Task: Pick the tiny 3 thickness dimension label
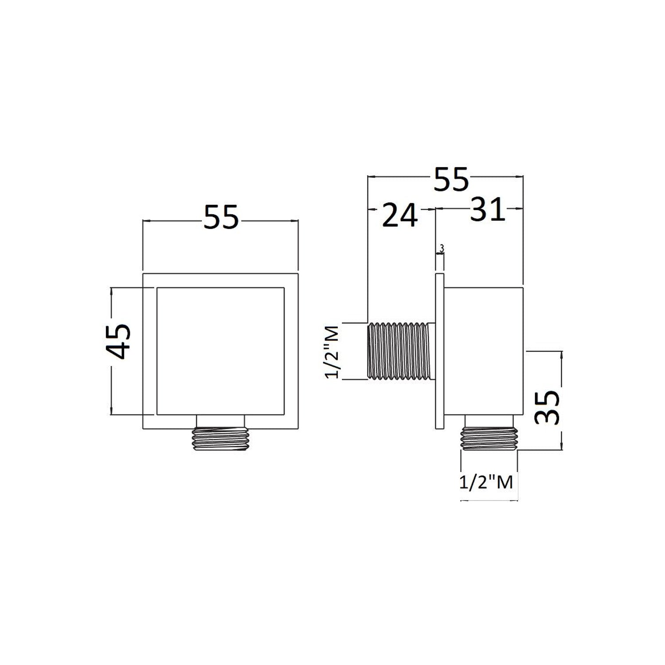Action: tap(441, 249)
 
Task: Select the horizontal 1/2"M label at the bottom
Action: tap(486, 482)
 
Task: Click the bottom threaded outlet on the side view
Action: tap(490, 439)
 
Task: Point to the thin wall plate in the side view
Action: tap(440, 351)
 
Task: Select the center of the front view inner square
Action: tap(221, 352)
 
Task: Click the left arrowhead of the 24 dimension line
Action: tap(372, 209)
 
